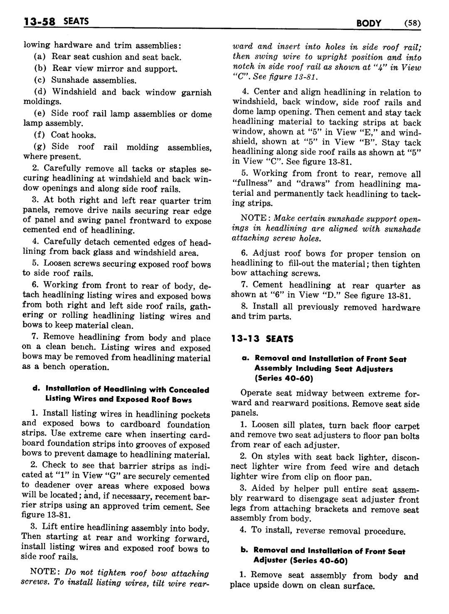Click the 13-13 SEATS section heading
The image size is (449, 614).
[262, 339]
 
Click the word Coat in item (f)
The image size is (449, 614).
[60, 135]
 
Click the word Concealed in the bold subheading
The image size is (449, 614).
[184, 390]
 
